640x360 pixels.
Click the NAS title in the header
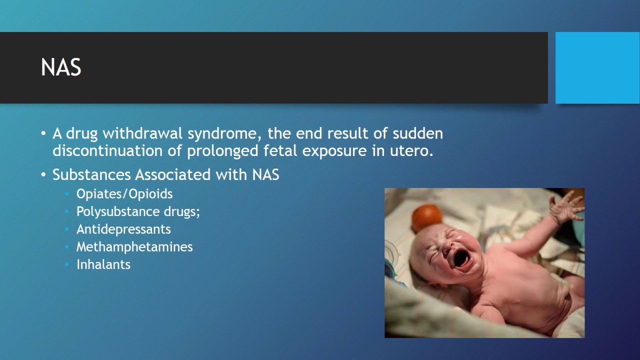[60, 68]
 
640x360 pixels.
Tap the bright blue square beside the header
[597, 68]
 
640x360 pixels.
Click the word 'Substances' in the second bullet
[92, 174]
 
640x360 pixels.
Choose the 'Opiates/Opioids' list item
[124, 194]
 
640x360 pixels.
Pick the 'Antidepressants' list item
[123, 229]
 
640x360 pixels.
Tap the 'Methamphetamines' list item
[134, 246]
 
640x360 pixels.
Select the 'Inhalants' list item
[103, 264]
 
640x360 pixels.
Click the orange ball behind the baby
[426, 217]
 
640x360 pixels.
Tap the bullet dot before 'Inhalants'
[67, 264]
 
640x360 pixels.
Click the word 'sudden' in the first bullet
[417, 134]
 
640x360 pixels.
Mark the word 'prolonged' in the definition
[221, 150]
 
